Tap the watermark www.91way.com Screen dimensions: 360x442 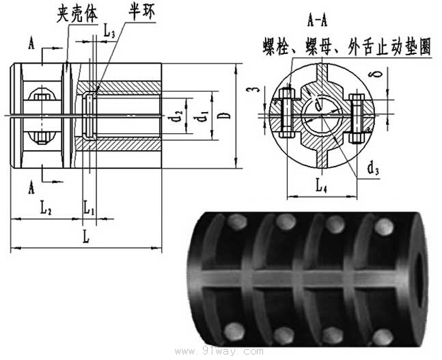219,351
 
